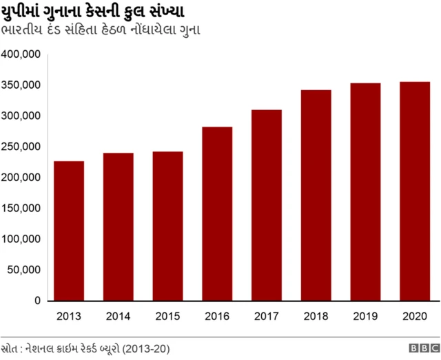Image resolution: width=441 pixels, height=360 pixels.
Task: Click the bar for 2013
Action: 69,231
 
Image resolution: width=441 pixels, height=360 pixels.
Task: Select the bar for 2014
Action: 119,227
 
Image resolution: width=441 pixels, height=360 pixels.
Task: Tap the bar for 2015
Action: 167,226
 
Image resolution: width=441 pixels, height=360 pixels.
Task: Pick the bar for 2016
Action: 217,214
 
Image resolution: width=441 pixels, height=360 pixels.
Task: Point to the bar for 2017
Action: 267,205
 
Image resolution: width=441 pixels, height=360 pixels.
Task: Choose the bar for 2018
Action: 316,195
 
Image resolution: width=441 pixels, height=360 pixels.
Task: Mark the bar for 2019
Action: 365,192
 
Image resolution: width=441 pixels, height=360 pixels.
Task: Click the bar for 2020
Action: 415,191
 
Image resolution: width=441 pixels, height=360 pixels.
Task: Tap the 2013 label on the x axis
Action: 69,317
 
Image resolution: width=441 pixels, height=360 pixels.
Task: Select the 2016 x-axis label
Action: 217,317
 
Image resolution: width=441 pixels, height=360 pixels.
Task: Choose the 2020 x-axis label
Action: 415,317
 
